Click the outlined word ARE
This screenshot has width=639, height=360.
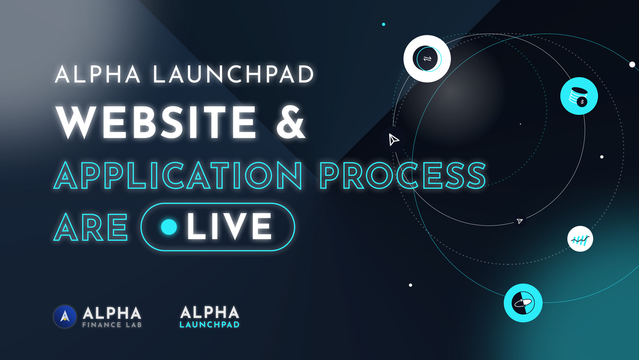click(91, 226)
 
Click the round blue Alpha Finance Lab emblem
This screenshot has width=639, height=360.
click(65, 316)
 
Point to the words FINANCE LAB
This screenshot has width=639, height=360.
click(112, 324)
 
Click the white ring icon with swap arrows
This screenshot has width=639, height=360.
click(427, 59)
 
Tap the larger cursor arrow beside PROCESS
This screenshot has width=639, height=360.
click(394, 140)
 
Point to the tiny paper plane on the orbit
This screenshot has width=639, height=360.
click(520, 221)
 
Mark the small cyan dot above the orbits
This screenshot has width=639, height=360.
click(383, 24)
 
